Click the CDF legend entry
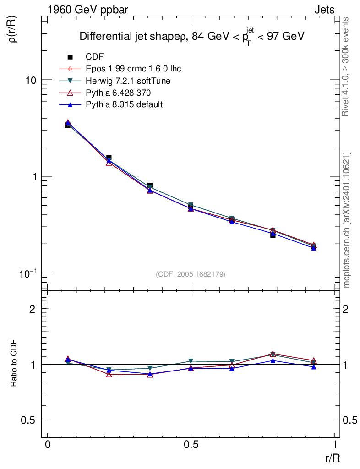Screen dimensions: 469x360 pyautogui.click(x=95, y=57)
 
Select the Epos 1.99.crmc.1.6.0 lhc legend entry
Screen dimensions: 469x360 pyautogui.click(x=133, y=69)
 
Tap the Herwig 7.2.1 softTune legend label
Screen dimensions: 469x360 pyautogui.click(x=129, y=81)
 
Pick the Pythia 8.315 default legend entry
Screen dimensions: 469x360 pyautogui.click(x=124, y=104)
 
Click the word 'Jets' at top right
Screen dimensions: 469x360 pyautogui.click(x=324, y=9)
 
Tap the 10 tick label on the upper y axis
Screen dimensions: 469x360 pyautogui.click(x=31, y=80)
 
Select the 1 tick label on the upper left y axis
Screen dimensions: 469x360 pyautogui.click(x=33, y=177)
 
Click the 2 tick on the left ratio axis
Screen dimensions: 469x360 pyautogui.click(x=33, y=309)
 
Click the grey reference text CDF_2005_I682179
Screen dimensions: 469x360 pyautogui.click(x=191, y=274)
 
